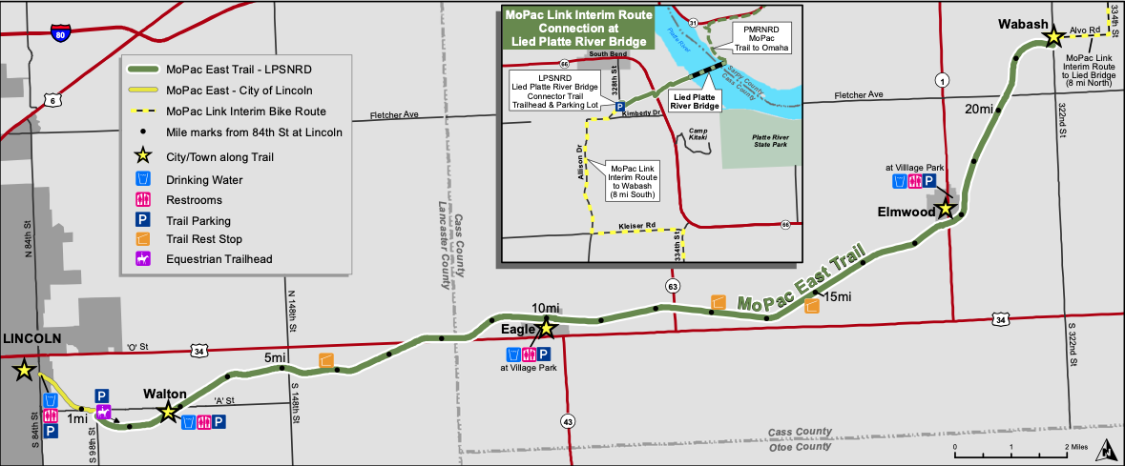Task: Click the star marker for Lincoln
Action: click(22, 371)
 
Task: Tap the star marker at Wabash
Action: click(1052, 38)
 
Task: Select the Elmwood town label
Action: click(906, 213)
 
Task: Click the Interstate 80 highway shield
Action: click(59, 34)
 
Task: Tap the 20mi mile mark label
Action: click(981, 108)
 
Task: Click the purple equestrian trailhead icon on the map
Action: click(103, 412)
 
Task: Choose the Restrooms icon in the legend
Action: click(142, 200)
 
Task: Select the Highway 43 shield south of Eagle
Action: click(568, 420)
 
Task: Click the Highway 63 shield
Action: click(674, 286)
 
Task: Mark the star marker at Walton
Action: click(168, 412)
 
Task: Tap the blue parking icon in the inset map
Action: click(619, 108)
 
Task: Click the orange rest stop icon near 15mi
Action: click(812, 306)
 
